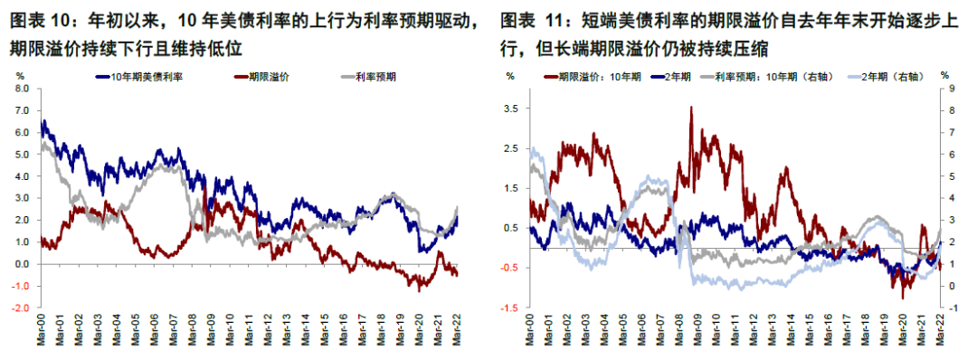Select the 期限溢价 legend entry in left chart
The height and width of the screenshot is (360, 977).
(x=265, y=79)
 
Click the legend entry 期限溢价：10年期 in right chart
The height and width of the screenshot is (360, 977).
(x=593, y=79)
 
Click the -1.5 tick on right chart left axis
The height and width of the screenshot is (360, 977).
(x=510, y=308)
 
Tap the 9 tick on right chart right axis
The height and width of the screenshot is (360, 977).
(x=946, y=89)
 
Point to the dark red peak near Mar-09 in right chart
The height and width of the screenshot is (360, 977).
(x=691, y=108)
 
